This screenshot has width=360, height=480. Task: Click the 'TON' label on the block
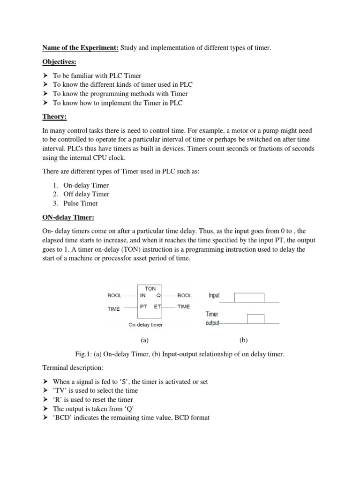point(150,289)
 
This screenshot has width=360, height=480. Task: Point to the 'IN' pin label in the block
point(143,296)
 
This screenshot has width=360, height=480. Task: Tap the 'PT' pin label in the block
point(143,307)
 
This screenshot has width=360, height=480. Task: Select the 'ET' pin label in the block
point(157,307)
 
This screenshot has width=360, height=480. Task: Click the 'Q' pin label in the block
point(158,296)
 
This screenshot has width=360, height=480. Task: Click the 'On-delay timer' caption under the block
point(146,324)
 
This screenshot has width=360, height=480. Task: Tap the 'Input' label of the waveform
point(214,296)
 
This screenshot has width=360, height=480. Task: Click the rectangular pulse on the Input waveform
point(249,298)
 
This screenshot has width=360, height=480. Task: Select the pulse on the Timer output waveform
point(255,319)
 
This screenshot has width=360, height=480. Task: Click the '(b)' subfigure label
point(243,340)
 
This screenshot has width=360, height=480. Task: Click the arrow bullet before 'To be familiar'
point(45,75)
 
